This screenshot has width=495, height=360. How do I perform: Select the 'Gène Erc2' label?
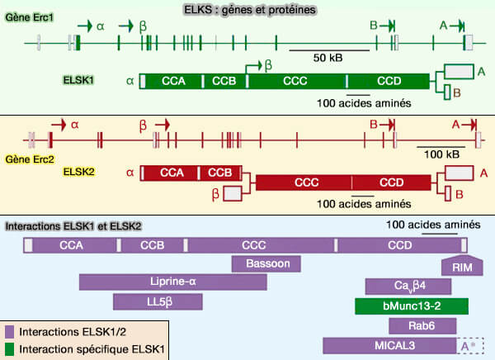point(29,157)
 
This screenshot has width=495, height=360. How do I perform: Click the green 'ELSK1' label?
point(80,81)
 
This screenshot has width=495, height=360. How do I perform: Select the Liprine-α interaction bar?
point(172,282)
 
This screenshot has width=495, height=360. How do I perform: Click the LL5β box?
point(157,301)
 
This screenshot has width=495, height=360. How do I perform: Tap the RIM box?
point(462,267)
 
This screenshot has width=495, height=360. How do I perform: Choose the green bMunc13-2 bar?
point(410,306)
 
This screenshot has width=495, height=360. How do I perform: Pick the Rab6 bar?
point(410,326)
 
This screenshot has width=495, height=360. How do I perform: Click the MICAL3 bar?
point(389,346)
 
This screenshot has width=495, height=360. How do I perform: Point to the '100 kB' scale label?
point(442,154)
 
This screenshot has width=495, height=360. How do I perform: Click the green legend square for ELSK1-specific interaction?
point(12,349)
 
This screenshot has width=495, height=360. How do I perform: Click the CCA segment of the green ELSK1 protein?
point(173,81)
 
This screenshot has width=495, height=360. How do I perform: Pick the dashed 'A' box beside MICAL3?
point(470,346)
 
